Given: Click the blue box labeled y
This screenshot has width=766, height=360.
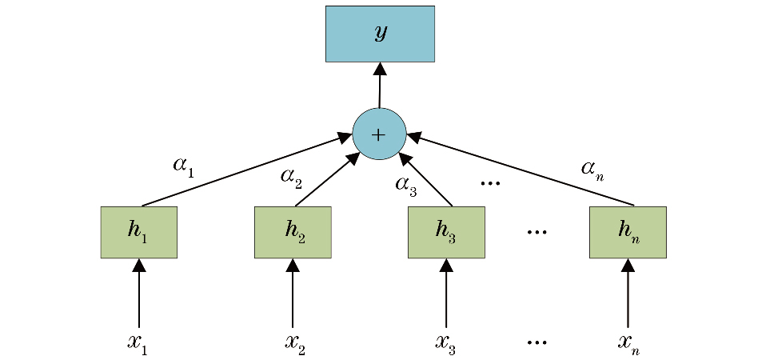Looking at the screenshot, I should [380, 34].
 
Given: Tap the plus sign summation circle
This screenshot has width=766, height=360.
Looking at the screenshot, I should [379, 134].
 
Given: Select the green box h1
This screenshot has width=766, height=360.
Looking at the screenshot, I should [138, 232].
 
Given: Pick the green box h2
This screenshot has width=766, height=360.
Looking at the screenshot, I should [293, 232].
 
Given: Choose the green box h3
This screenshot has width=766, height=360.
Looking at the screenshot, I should [446, 232].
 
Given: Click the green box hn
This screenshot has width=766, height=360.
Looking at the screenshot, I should [628, 232].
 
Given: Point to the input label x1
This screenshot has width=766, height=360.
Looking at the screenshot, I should [138, 342].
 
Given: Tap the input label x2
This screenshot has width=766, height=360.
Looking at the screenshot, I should [294, 342].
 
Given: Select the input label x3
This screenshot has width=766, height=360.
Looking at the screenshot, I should [445, 342].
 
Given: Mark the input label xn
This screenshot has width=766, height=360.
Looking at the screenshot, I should [628, 342].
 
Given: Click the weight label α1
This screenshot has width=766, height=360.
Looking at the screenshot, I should [183, 166].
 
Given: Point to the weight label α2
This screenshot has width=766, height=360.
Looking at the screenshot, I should [291, 176].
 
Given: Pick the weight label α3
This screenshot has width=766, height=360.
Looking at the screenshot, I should [405, 184].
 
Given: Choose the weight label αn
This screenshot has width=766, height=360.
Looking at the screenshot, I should [592, 168].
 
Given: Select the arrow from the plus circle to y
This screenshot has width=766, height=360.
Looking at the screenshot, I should [380, 85].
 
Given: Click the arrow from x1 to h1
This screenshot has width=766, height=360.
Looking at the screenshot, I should [139, 293].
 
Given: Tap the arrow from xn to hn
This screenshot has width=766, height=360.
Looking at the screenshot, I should [628, 293].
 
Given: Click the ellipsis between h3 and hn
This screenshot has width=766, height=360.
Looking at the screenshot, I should [537, 232].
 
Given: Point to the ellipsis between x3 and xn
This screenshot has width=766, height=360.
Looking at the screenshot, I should [537, 342].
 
